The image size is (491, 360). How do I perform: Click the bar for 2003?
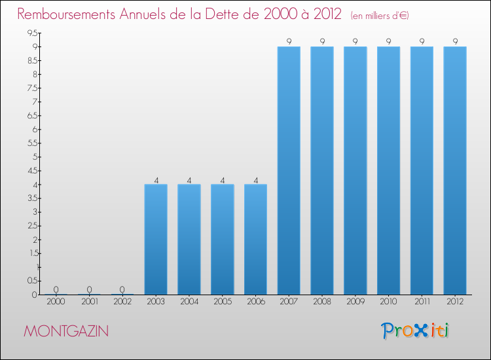tap(156, 239)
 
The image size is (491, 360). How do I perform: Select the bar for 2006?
tap(255, 239)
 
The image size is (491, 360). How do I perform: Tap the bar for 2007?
tap(289, 170)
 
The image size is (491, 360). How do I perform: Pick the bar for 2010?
tap(388, 170)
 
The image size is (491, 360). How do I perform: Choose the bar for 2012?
tap(455, 170)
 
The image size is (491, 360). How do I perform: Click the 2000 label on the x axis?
tap(56, 302)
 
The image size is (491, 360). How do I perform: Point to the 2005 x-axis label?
tap(222, 302)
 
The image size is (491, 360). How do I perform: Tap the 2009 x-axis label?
tap(355, 302)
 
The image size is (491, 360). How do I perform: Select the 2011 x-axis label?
tap(422, 302)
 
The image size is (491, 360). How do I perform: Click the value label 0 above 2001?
tap(89, 289)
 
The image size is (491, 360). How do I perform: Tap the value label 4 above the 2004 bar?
tap(189, 179)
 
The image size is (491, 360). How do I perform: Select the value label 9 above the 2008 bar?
tap(322, 42)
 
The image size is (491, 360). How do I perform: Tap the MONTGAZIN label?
tap(66, 331)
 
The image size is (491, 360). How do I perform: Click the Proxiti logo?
tap(416, 331)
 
